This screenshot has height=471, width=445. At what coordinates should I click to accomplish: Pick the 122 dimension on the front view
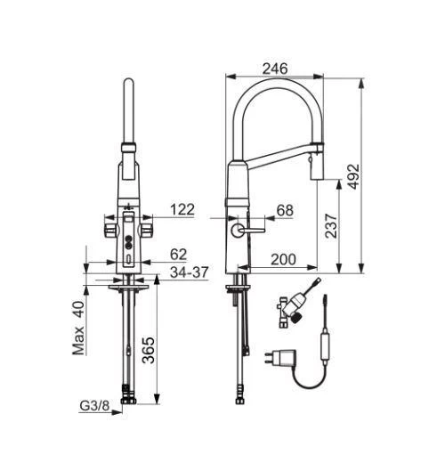tap(182, 210)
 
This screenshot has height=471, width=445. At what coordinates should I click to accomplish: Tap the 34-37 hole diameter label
tap(187, 272)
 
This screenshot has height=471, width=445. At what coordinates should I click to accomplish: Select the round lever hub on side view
tap(235, 231)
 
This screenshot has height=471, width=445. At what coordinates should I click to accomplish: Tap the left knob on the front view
tap(110, 231)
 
